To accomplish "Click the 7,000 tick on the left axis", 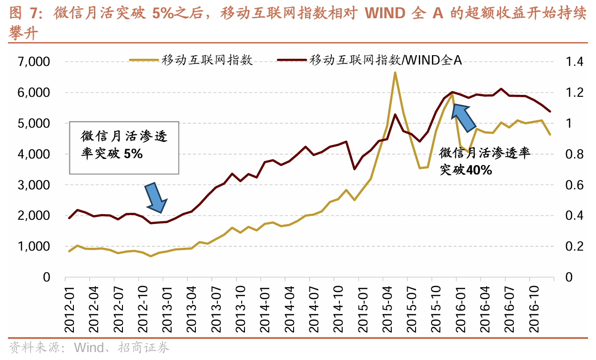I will [x=34, y=62].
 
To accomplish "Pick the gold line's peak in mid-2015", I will [x=395, y=72].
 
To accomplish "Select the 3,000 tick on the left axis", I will [x=34, y=185].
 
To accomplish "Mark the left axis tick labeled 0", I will [x=46, y=277].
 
